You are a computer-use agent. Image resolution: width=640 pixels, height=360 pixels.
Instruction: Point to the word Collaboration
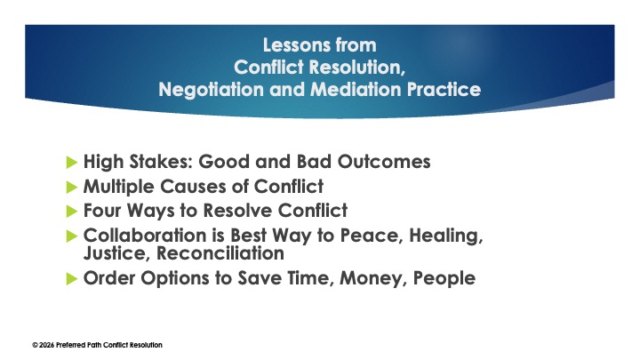coord(142,236)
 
